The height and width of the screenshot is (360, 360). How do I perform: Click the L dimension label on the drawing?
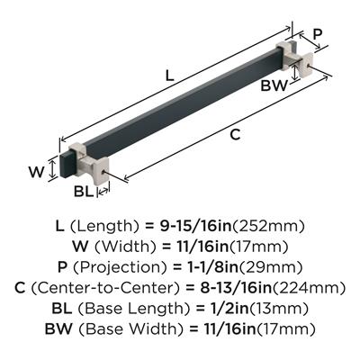click(170, 76)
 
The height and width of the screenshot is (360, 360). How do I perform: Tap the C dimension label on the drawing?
click(235, 135)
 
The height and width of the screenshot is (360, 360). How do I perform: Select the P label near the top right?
click(318, 34)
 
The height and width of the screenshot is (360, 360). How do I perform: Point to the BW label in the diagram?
click(274, 85)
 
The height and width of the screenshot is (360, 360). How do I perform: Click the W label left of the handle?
click(37, 172)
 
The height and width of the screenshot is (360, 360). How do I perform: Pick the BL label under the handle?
click(84, 191)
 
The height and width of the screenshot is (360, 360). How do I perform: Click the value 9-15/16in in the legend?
click(194, 226)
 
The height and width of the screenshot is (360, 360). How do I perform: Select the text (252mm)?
click(268, 226)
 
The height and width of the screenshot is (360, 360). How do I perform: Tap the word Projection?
click(120, 267)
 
